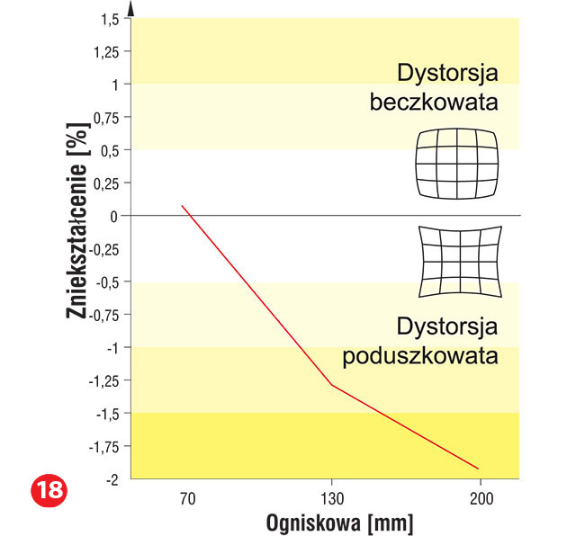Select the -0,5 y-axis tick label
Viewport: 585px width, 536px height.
coord(107,281)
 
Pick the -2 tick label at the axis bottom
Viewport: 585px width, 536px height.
coord(113,478)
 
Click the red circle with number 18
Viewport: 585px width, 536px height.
coord(49,492)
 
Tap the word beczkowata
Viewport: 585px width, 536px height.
coord(434,102)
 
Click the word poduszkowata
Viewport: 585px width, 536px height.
coord(420,354)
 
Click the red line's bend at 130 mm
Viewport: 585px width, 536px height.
coord(331,385)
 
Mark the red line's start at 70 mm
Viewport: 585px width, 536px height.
coord(182,206)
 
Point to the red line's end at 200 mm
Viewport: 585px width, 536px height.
coord(478,469)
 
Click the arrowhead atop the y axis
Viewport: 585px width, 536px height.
coord(131,8)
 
